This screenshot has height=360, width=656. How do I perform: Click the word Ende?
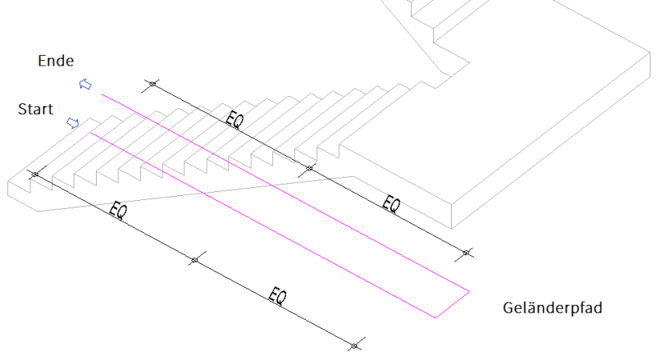pyautogui.click(x=56, y=62)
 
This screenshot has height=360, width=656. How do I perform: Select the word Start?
pyautogui.click(x=35, y=109)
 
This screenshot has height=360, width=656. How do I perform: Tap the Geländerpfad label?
pyautogui.click(x=552, y=308)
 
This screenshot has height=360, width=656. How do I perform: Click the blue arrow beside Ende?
pyautogui.click(x=85, y=84)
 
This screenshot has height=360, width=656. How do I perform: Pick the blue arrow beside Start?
pyautogui.click(x=73, y=123)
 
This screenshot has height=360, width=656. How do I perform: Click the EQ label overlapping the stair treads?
pyautogui.click(x=235, y=120)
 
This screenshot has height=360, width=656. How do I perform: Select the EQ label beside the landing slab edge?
pyautogui.click(x=391, y=204)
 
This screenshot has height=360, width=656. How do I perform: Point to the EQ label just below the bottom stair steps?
pyautogui.click(x=117, y=210)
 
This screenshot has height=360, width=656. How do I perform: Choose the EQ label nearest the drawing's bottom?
pyautogui.click(x=277, y=296)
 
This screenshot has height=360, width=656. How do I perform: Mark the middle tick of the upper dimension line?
pyautogui.click(x=309, y=168)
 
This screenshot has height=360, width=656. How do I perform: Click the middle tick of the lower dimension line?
pyautogui.click(x=194, y=261)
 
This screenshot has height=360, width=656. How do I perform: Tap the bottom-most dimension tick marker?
pyautogui.click(x=354, y=346)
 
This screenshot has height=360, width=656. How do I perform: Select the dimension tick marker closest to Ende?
pyautogui.click(x=153, y=84)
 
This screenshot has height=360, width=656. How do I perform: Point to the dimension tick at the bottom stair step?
pyautogui.click(x=35, y=174)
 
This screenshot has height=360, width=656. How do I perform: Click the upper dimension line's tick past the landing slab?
pyautogui.click(x=467, y=253)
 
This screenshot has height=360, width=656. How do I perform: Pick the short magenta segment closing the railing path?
pyautogui.click(x=453, y=304)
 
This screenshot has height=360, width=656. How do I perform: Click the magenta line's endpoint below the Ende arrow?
pyautogui.click(x=102, y=94)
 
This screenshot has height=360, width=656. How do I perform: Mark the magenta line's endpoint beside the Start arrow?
pyautogui.click(x=91, y=133)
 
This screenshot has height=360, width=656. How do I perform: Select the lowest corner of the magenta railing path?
pyautogui.click(x=435, y=317)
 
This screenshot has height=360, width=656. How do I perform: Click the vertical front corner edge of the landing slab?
pyautogui.click(x=452, y=216)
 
